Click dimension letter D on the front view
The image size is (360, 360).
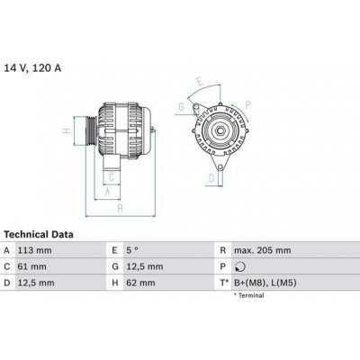(211, 177)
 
